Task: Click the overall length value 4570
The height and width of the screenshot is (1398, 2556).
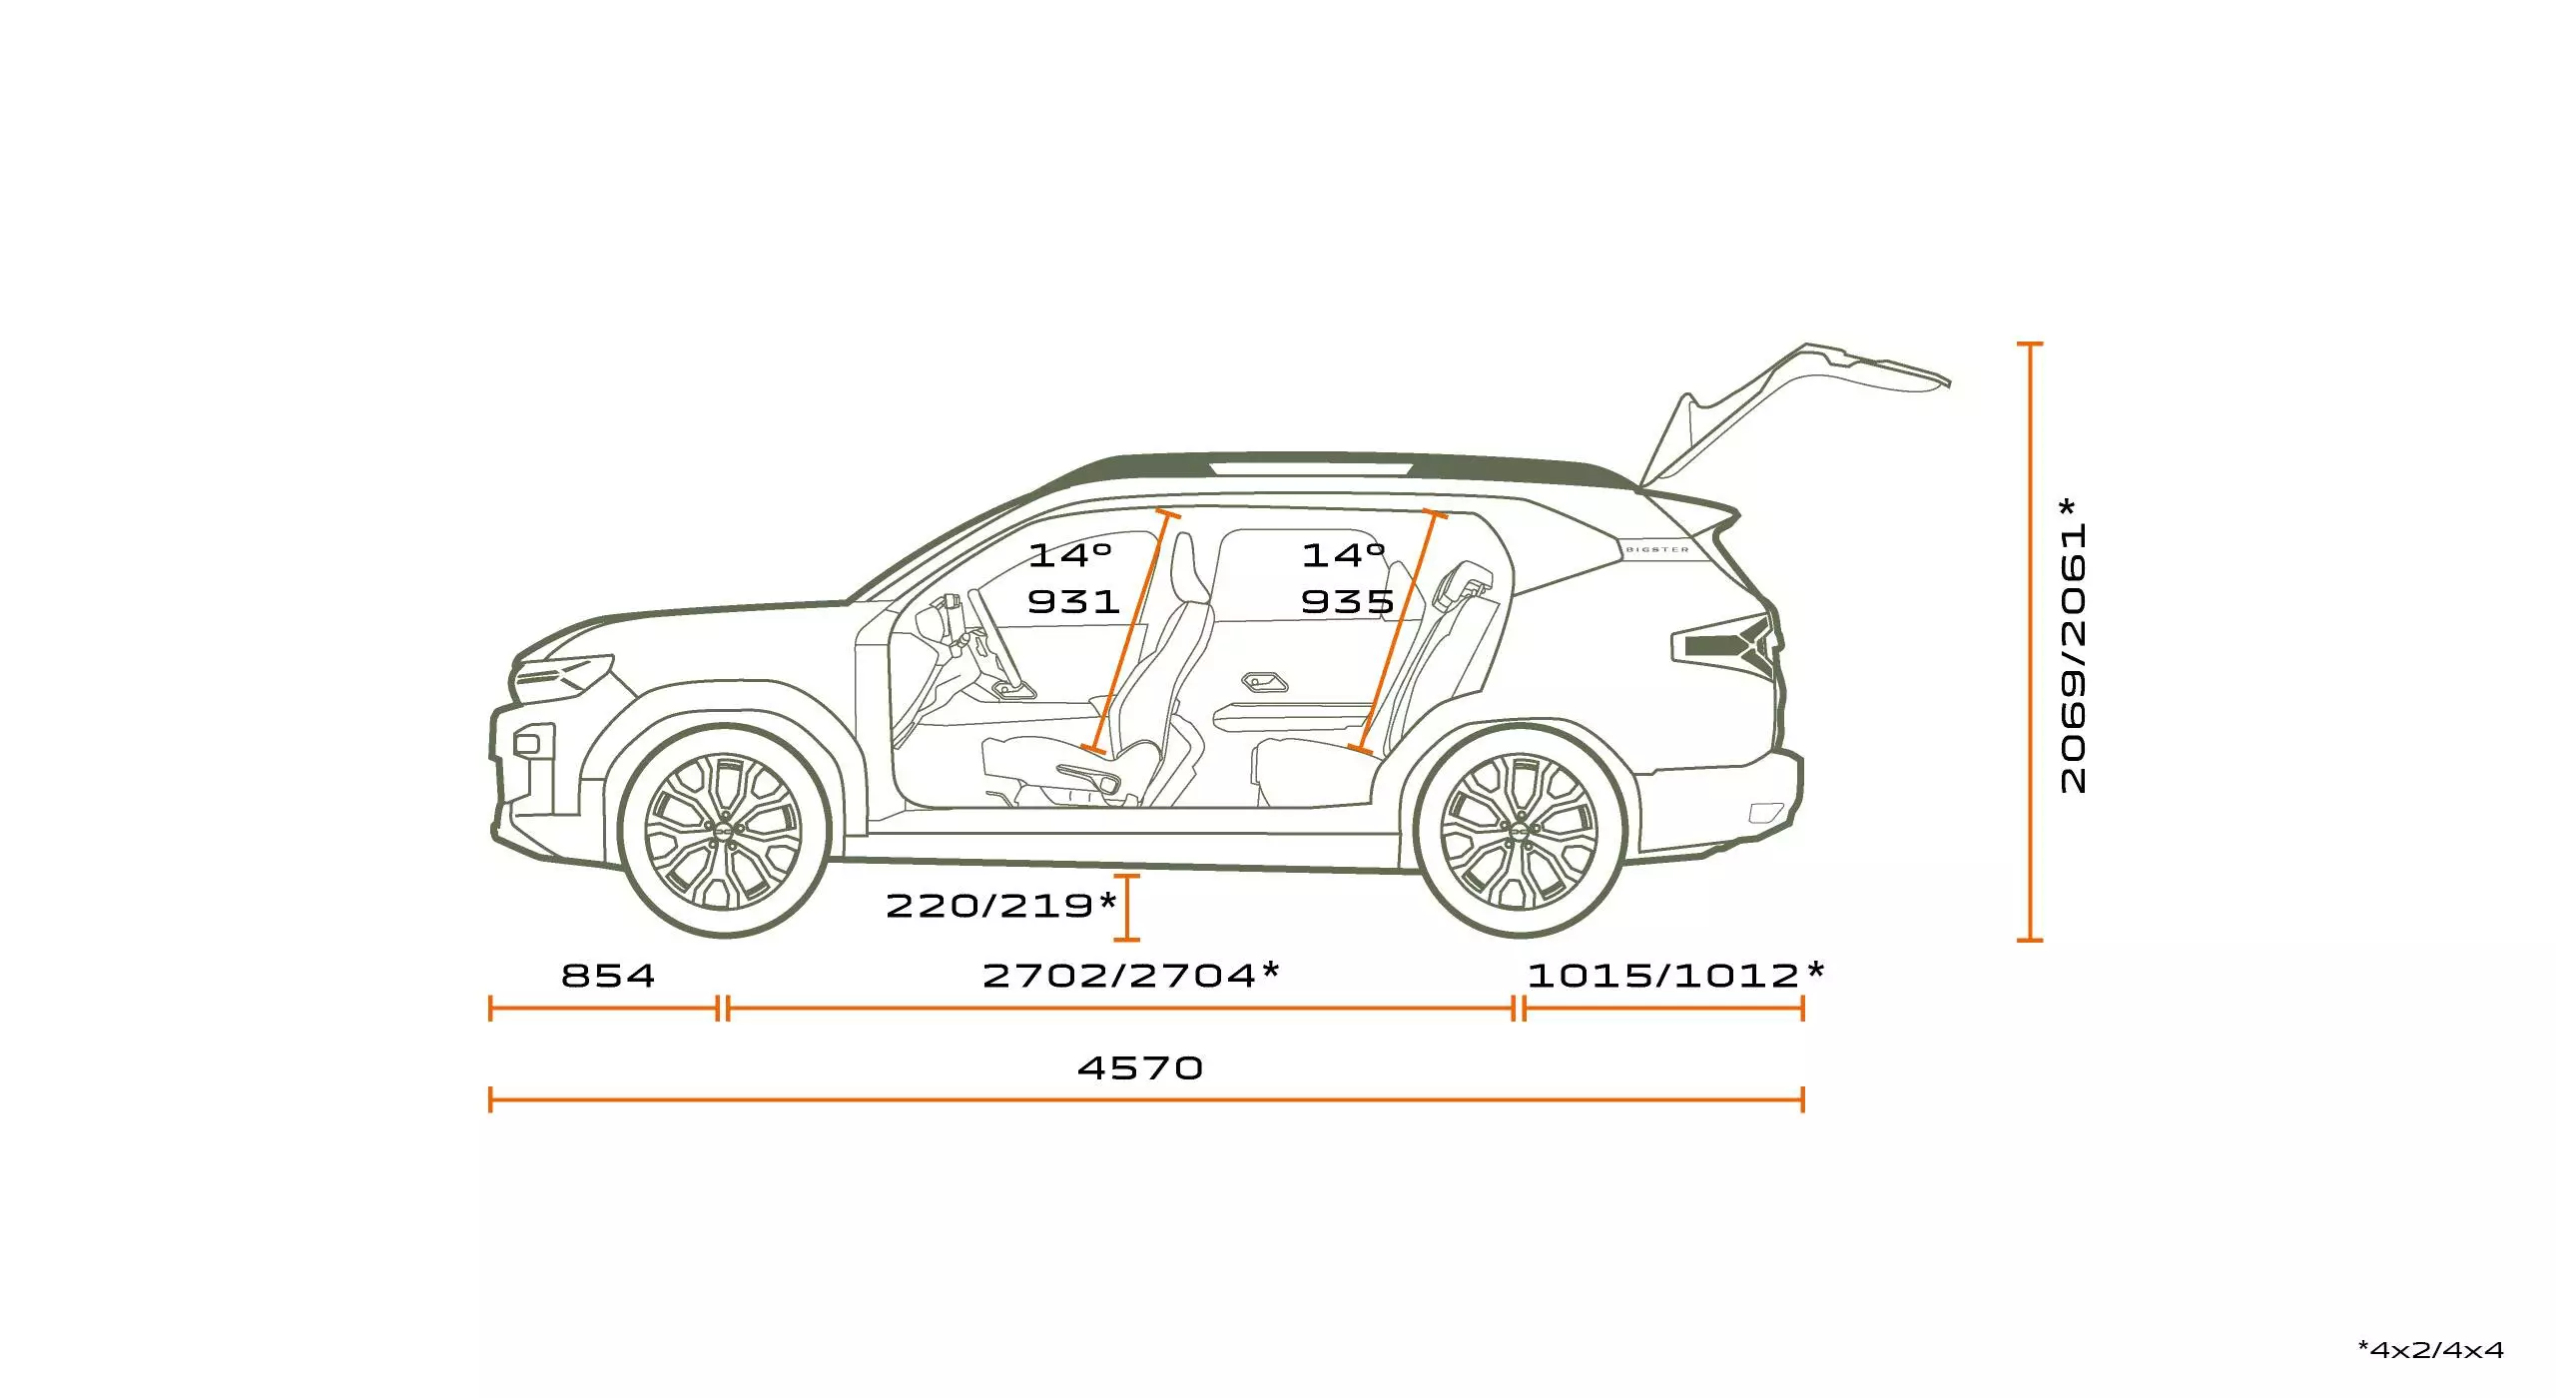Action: coord(1140,1068)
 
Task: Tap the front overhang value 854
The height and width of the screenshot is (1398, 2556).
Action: coord(608,976)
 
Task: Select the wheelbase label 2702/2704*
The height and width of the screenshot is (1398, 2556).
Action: coord(1131,975)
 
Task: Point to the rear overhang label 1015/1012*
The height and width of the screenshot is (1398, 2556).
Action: coord(1675,975)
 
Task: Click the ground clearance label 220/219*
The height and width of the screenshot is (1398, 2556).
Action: coord(1001,906)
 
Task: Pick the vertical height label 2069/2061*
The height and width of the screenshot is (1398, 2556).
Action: coord(2074,646)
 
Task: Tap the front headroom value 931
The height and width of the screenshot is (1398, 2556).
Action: coord(1074,601)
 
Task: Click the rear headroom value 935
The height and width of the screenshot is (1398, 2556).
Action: coord(1348,601)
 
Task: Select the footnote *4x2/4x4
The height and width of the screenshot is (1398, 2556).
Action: coord(2431,1350)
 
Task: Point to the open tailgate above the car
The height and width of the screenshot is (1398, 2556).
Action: coord(1787,414)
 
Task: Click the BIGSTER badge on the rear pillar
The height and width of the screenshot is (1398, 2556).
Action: coord(1657,549)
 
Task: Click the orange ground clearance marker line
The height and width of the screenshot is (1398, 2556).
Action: coord(1127,908)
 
